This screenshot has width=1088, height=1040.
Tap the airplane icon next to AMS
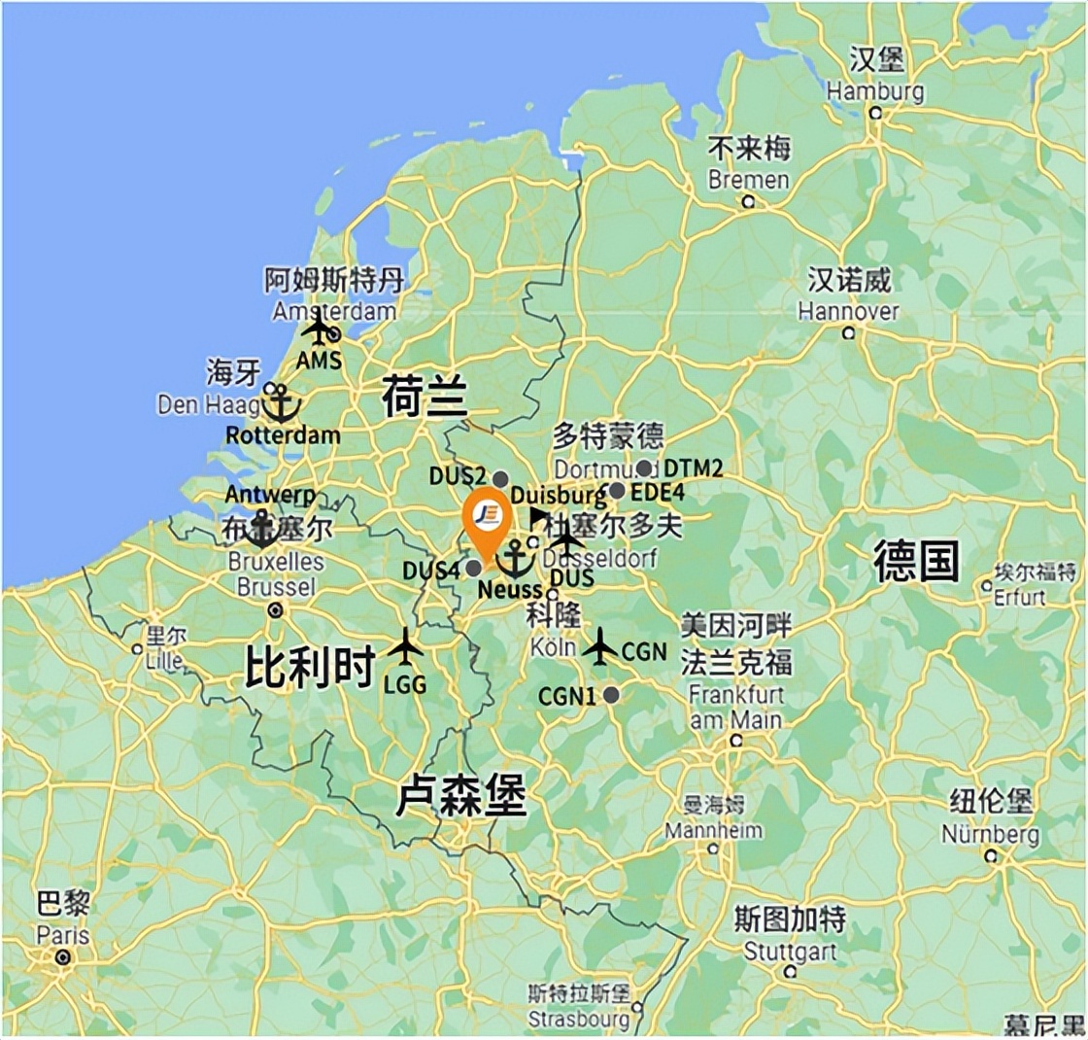[x=318, y=329]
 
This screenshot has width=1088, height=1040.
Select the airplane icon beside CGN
[x=601, y=646]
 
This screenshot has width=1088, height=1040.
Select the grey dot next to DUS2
[x=500, y=478]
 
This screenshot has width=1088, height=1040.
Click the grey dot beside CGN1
[x=611, y=694]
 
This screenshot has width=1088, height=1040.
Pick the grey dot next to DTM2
[x=644, y=468]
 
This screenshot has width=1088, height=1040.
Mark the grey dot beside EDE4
[x=617, y=491]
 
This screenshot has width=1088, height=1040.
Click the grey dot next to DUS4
[x=473, y=568]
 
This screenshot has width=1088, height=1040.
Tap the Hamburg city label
[x=875, y=91]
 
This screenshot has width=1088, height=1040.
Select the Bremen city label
[x=749, y=180]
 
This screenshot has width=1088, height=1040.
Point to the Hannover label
[x=848, y=312]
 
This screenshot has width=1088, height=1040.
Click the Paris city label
[x=63, y=937]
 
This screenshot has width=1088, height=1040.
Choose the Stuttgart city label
[x=790, y=950]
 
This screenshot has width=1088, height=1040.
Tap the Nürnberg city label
[x=990, y=834]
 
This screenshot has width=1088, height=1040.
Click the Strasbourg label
[x=579, y=1020]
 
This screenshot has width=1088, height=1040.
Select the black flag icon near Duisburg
[x=538, y=516]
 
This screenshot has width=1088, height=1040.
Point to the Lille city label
[x=164, y=659]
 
